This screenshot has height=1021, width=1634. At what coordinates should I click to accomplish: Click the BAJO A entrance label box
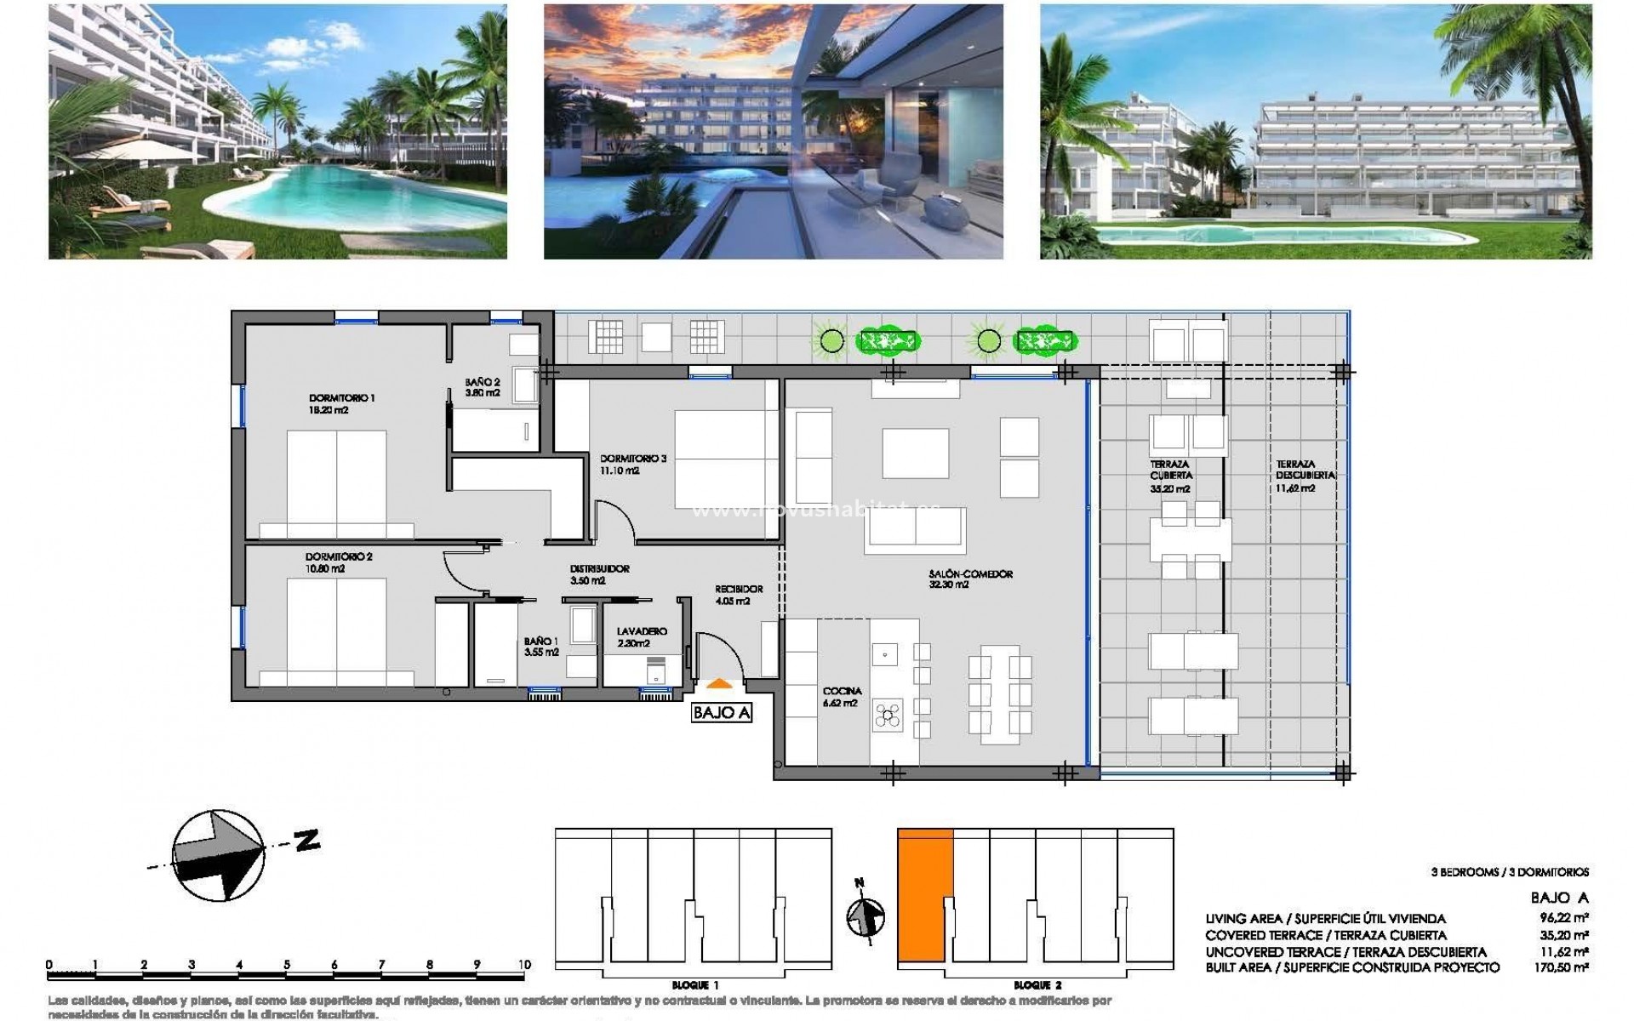(722, 713)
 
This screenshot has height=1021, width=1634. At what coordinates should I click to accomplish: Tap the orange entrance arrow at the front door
(719, 682)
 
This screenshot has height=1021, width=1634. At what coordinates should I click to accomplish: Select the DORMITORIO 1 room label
(341, 398)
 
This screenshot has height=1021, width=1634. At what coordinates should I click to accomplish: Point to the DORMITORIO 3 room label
(632, 459)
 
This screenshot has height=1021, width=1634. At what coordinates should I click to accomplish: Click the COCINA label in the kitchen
(842, 692)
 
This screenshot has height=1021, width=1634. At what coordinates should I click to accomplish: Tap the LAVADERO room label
(642, 632)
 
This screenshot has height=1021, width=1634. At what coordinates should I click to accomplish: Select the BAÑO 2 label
(483, 383)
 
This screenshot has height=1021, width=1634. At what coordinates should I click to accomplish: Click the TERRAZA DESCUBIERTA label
(1305, 471)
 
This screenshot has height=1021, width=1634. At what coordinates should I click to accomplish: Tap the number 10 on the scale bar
(524, 965)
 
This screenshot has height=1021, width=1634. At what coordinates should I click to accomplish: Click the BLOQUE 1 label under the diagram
(694, 985)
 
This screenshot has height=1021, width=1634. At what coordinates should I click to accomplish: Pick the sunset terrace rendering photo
(773, 132)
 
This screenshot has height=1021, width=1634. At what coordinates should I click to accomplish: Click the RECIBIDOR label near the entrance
(738, 589)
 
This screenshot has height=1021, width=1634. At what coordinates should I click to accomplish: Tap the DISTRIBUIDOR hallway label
(599, 569)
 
